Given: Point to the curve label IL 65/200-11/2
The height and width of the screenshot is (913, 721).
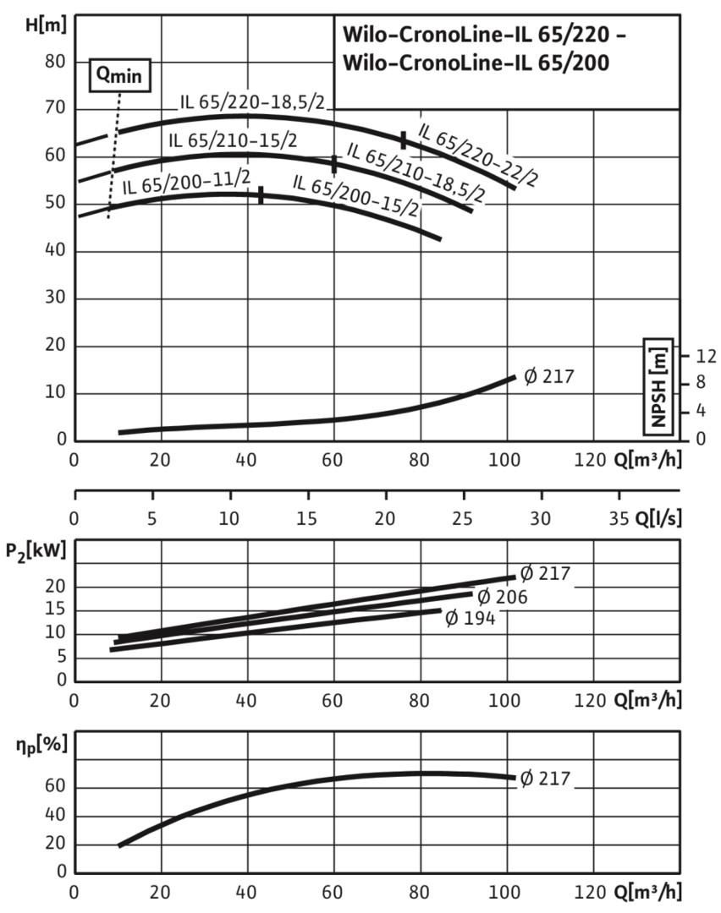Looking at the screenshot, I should tap(186, 182).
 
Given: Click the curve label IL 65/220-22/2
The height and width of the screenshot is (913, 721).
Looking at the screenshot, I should tap(477, 156).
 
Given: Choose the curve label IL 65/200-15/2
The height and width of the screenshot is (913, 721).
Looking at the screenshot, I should tap(356, 195).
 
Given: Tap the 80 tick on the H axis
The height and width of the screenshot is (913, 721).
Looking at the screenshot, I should tap(56, 62).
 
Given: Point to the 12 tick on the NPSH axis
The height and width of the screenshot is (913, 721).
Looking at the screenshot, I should tap(705, 356).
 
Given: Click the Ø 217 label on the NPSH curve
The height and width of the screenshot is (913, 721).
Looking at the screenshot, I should tap(548, 376).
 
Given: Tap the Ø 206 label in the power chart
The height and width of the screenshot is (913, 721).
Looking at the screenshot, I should tap(504, 597).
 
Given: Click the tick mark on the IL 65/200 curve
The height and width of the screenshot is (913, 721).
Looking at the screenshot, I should tap(261, 195).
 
